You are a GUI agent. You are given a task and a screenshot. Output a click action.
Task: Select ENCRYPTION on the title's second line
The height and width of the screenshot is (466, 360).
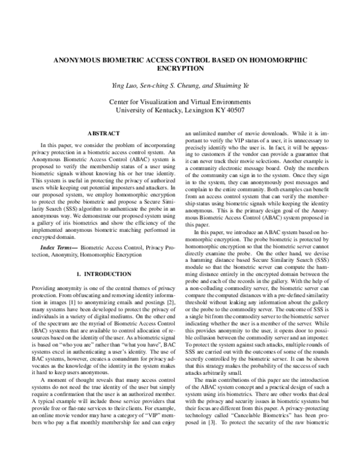180,70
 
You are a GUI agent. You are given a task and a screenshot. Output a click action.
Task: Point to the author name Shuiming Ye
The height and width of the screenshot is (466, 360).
231,86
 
